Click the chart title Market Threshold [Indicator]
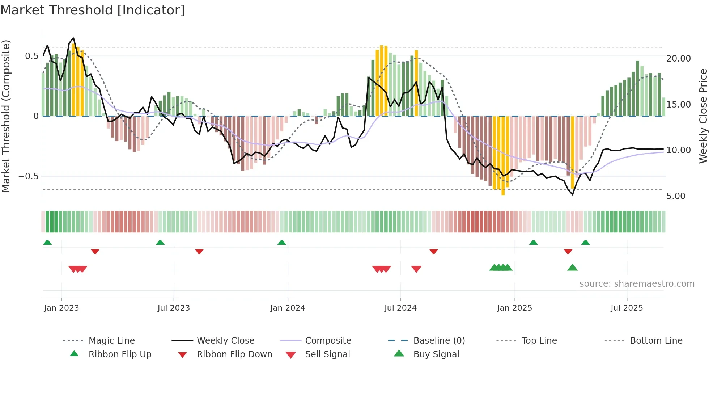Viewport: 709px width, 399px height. click(93, 10)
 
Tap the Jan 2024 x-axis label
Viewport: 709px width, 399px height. click(288, 308)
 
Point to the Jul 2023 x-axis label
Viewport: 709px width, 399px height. click(174, 308)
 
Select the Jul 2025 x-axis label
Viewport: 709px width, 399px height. click(627, 308)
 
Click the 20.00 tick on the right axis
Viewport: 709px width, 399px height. click(678, 59)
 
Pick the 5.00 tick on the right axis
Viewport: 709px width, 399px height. click(676, 196)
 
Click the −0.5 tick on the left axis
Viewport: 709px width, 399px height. click(28, 176)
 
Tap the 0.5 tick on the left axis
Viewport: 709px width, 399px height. click(31, 56)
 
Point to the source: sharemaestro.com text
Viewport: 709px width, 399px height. click(637, 284)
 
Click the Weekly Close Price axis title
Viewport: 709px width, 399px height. click(703, 116)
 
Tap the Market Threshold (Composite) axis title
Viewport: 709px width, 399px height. click(6, 116)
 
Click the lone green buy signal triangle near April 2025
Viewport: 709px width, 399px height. click(572, 268)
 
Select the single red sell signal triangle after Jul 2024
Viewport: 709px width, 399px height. click(416, 269)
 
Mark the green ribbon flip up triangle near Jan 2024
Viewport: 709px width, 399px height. click(282, 243)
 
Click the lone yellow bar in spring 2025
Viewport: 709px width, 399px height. click(572, 152)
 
